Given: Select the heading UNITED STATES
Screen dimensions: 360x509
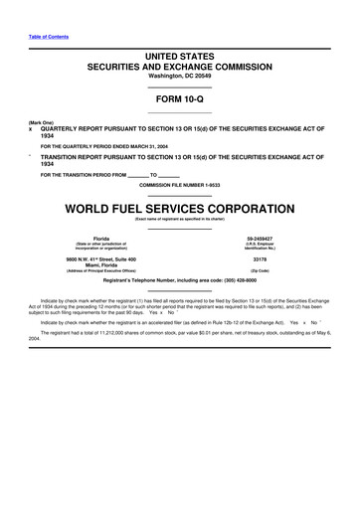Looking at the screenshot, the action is [x=180, y=58].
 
